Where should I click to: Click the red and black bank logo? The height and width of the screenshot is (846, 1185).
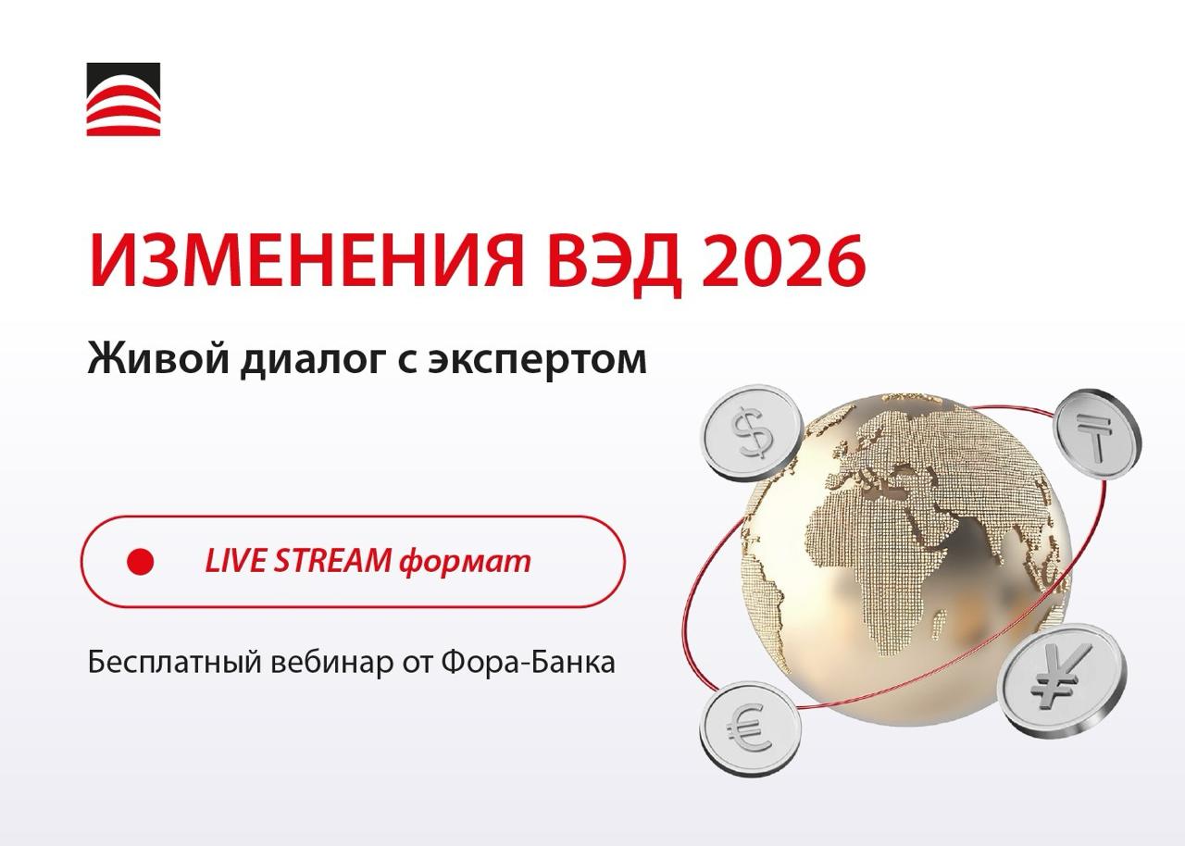123,99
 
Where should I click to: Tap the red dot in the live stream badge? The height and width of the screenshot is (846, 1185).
140,561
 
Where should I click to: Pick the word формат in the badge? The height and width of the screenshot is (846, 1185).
465,562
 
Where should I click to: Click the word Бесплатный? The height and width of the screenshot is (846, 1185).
175,662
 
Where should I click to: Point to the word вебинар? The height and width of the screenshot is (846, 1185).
332,663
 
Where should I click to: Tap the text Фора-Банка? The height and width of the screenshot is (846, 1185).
529,662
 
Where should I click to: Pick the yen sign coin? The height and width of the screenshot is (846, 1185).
1061,680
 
